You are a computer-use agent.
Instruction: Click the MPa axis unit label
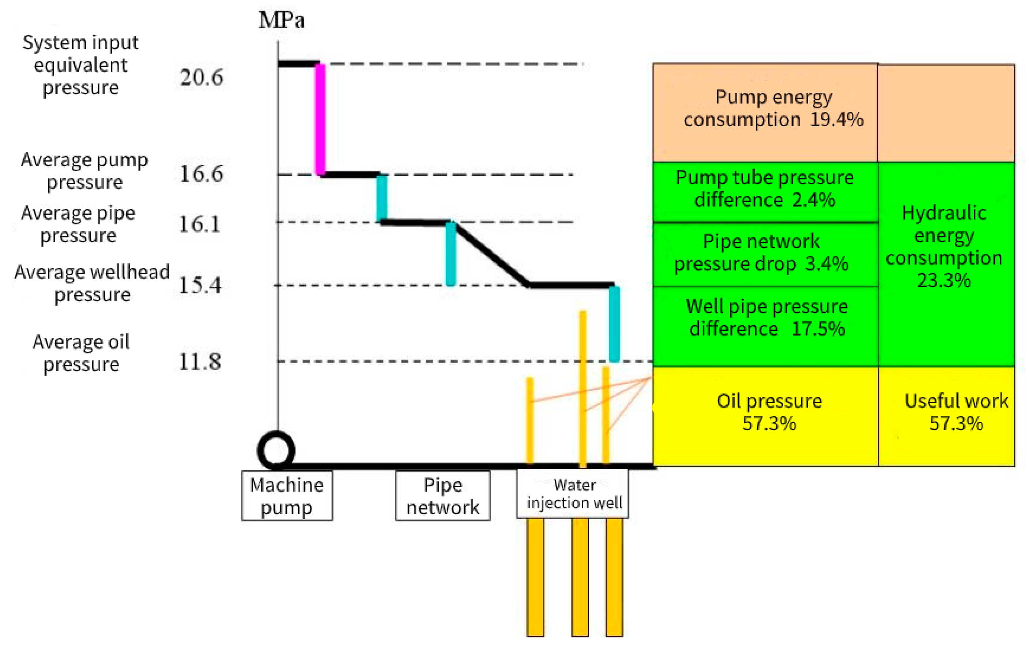pyautogui.click(x=282, y=20)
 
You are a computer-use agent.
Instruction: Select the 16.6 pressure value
pyautogui.click(x=201, y=173)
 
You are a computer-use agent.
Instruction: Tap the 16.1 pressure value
pyautogui.click(x=200, y=224)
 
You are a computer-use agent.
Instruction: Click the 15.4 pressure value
pyautogui.click(x=200, y=285)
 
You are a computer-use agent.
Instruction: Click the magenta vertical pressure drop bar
pyautogui.click(x=320, y=120)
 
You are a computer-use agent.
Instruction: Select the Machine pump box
pyautogui.click(x=287, y=496)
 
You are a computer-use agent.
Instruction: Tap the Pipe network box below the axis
pyautogui.click(x=443, y=496)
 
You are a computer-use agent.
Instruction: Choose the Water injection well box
pyautogui.click(x=573, y=494)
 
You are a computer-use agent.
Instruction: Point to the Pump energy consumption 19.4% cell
pyautogui.click(x=765, y=112)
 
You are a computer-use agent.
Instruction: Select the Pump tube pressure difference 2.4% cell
pyautogui.click(x=765, y=192)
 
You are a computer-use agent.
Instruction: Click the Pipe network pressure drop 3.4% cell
pyautogui.click(x=765, y=254)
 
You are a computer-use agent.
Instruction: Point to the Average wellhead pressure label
pyautogui.click(x=92, y=283)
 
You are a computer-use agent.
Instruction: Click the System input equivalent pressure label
pyautogui.click(x=80, y=65)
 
